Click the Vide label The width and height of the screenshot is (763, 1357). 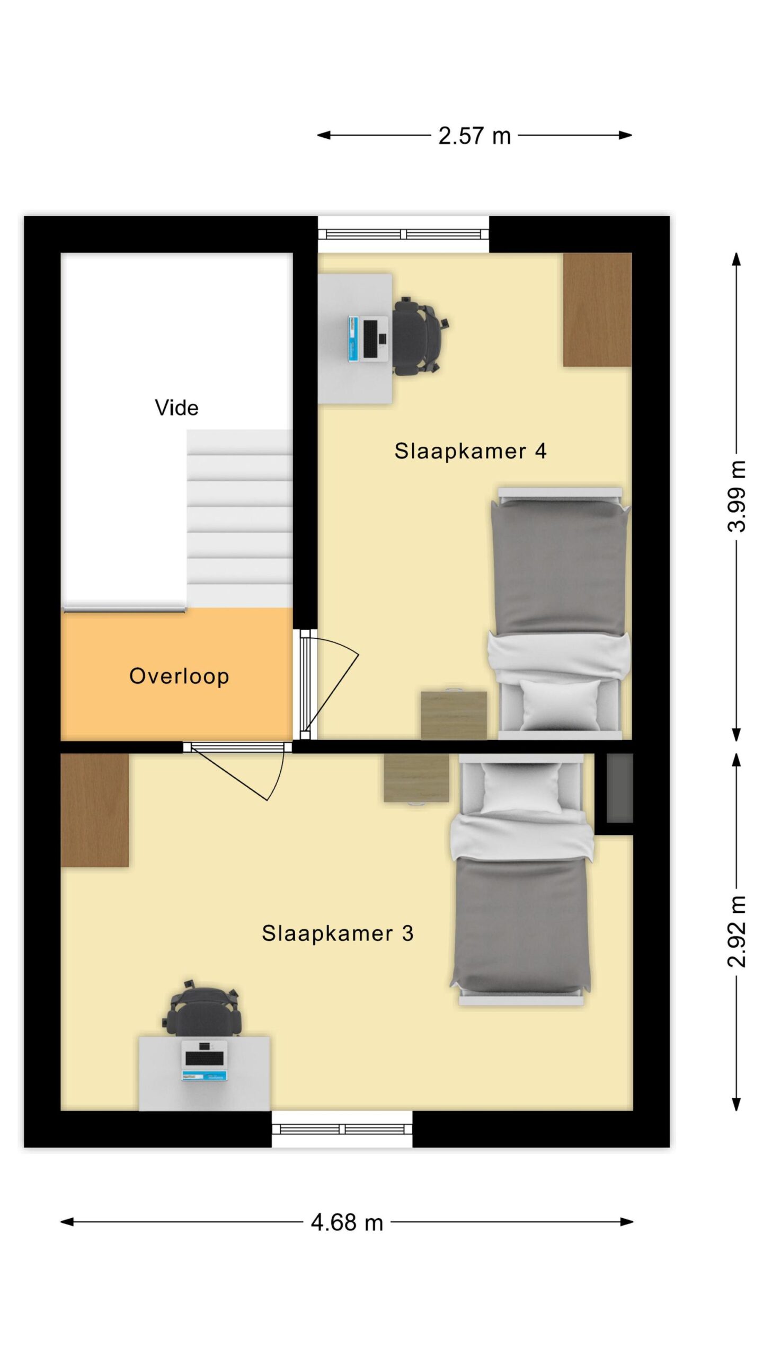[176, 408]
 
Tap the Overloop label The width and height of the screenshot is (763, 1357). [179, 676]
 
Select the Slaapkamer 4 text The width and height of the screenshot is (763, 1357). [471, 451]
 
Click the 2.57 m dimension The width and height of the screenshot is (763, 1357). [474, 136]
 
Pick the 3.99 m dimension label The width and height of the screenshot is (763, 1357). [737, 496]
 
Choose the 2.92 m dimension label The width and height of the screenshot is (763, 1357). [737, 931]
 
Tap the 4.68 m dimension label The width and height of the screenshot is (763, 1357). [347, 1222]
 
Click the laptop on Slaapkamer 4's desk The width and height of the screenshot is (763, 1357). [368, 339]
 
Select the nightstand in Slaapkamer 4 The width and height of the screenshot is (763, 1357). [454, 715]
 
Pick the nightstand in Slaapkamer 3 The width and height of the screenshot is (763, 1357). [416, 778]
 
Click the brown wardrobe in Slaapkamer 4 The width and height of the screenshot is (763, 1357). [597, 310]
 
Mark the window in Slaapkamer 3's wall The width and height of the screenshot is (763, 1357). [342, 1130]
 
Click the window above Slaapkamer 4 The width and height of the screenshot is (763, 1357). [403, 234]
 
